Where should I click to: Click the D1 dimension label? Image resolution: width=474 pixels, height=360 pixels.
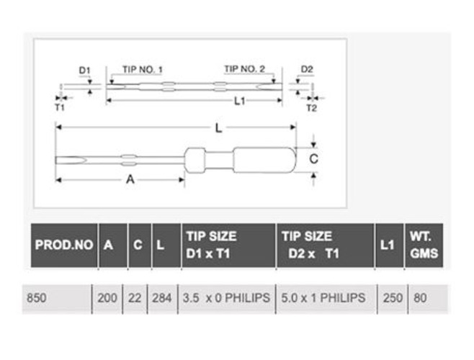(x=85, y=71)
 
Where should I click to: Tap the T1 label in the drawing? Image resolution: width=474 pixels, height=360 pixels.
(x=60, y=107)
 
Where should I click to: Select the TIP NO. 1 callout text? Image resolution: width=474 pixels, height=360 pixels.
(x=143, y=70)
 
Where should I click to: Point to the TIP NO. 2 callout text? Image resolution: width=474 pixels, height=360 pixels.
(x=244, y=69)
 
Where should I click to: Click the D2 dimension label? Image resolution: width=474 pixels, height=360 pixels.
(x=307, y=69)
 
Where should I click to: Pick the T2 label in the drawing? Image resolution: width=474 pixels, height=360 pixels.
(x=312, y=108)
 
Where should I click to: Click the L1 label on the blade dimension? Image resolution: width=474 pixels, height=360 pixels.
(x=240, y=101)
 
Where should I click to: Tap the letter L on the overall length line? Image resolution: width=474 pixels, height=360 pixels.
(x=218, y=128)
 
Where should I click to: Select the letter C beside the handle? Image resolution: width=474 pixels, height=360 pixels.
(x=314, y=158)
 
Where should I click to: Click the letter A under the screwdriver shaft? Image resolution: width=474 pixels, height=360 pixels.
(x=130, y=179)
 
